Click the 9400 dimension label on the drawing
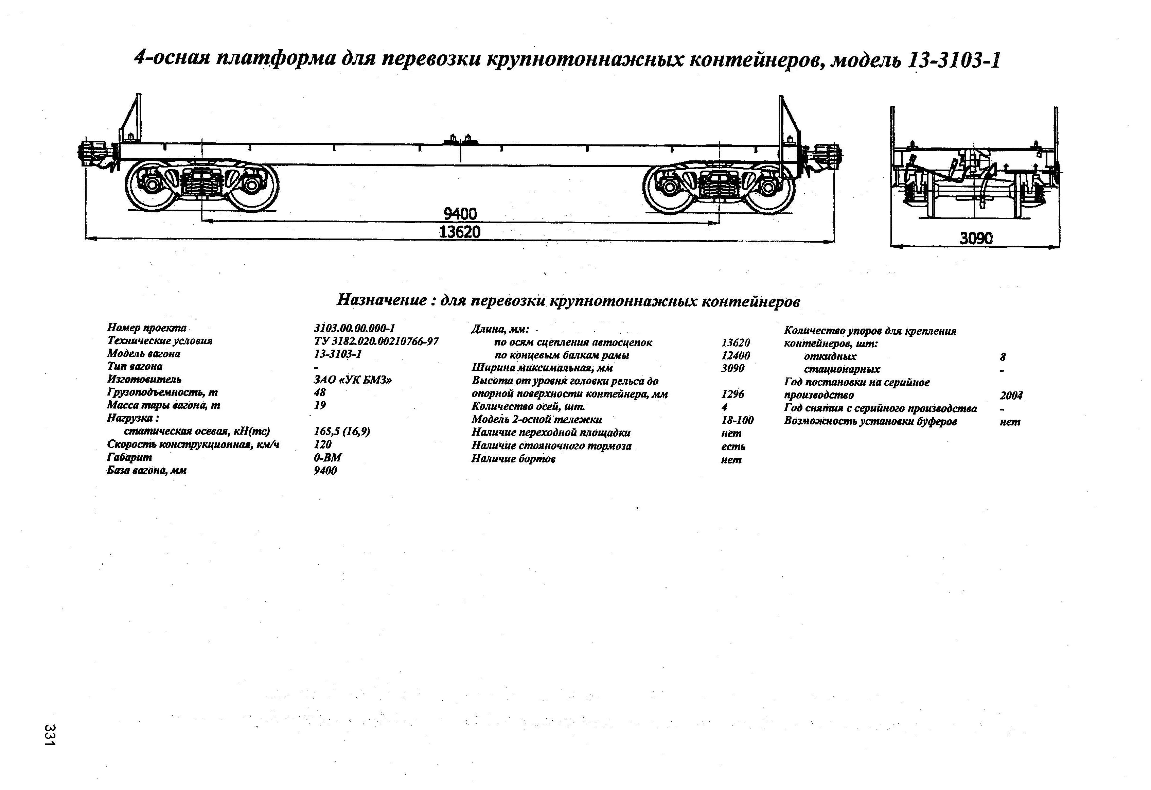click(460, 214)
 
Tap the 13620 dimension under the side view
click(460, 232)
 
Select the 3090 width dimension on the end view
click(976, 239)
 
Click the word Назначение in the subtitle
click(382, 300)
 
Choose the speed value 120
click(322, 444)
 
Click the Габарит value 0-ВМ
click(328, 457)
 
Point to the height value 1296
click(732, 394)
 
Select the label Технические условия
click(159, 341)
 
